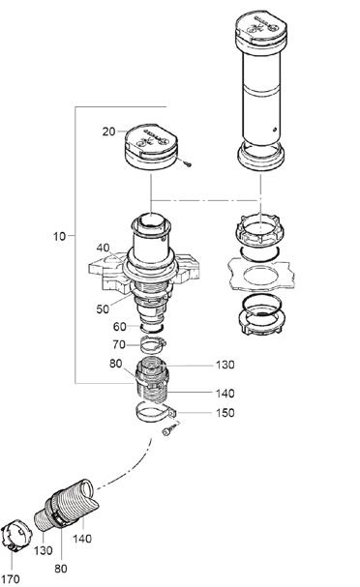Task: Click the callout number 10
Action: [x=60, y=236]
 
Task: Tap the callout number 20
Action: [x=108, y=132]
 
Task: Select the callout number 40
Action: [x=103, y=248]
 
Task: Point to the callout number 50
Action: [x=103, y=308]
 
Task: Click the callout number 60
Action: [x=119, y=327]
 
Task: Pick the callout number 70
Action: [x=119, y=344]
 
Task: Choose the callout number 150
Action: [x=225, y=413]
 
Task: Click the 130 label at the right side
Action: [x=225, y=365]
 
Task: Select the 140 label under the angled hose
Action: [x=82, y=539]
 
